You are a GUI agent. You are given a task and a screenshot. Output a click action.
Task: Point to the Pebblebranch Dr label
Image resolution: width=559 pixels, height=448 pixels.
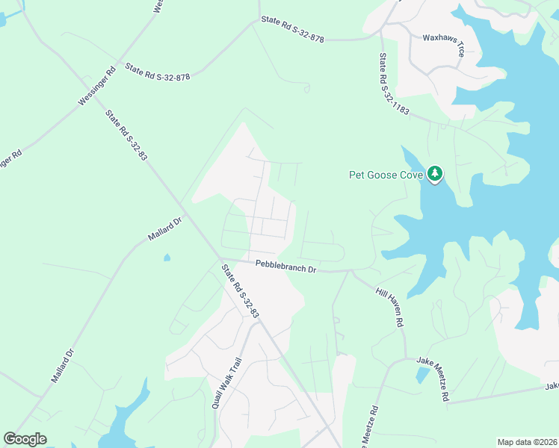pos(286,265)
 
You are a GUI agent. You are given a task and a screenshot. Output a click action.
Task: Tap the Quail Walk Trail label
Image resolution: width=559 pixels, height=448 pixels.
pos(226,382)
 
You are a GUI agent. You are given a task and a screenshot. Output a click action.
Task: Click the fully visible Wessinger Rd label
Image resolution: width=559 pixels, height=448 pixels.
pos(97,86)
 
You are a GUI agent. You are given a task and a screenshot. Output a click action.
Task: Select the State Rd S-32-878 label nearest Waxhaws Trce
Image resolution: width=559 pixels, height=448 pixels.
pos(292,28)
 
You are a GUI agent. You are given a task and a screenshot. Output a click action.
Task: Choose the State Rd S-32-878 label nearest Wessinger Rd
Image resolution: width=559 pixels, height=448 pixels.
pos(158,72)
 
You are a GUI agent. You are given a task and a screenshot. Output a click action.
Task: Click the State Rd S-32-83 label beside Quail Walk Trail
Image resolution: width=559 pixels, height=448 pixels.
pos(239,291)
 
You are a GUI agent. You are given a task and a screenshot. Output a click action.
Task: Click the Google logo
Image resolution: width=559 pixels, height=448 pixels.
pos(25,439)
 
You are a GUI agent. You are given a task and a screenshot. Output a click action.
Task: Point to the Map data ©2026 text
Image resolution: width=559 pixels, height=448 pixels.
pos(526,442)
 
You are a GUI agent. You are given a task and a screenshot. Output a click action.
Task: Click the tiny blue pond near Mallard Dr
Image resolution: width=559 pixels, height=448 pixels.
pos(166,258)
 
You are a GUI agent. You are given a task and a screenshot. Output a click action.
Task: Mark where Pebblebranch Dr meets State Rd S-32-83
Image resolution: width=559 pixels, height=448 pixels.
pos(222,260)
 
